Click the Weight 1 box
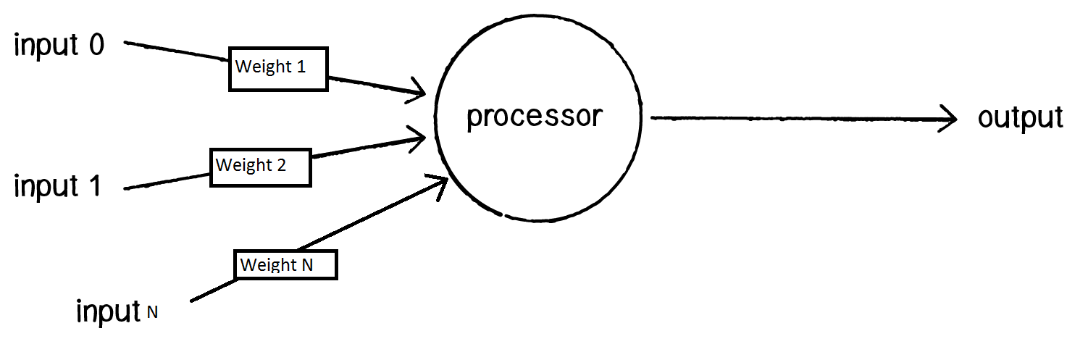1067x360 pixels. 278,70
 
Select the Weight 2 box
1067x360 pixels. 260,167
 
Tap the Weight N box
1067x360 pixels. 285,264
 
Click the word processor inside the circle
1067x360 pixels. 535,116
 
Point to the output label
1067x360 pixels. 1020,117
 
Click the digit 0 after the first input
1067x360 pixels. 96,46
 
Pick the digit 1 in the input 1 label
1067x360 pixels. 93,186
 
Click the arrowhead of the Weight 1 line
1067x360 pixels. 418,91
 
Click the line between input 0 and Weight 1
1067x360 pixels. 177,51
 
